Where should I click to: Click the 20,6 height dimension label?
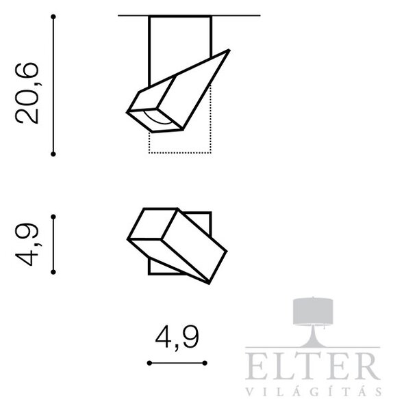click(27, 94)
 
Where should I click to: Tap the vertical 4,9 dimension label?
click(27, 245)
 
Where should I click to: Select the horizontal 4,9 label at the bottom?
click(177, 338)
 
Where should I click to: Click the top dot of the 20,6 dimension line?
click(53, 17)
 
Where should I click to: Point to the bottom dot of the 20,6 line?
click(53, 154)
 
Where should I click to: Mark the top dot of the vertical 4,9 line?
click(53, 217)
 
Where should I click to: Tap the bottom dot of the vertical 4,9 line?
click(53, 272)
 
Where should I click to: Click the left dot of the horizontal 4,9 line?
click(149, 363)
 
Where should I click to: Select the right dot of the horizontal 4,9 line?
click(205, 363)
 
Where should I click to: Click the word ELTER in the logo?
click(313, 366)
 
